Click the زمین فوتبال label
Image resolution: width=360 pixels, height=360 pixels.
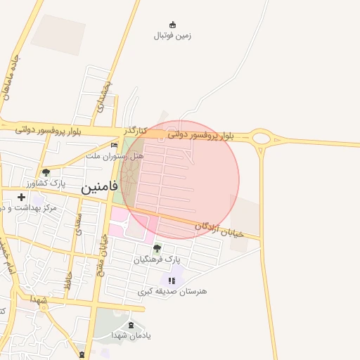click(173, 35)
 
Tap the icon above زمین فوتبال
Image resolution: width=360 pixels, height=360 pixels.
click(173, 25)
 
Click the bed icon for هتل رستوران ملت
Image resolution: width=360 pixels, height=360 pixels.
click(114, 146)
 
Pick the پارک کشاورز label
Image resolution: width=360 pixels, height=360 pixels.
click(62, 182)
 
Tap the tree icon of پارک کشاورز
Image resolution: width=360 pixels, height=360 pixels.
click(46, 172)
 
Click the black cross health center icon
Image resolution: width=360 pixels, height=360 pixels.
click(21, 197)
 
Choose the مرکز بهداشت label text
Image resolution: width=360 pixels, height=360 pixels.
click(28, 208)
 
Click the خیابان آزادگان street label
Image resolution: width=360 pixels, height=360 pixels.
click(219, 227)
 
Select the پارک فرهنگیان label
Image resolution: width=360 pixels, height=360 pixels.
click(157, 259)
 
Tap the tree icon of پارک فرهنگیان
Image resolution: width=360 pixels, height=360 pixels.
click(157, 248)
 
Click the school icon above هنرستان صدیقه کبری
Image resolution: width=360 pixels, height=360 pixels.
click(172, 280)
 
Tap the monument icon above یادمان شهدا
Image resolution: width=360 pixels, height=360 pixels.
click(130, 325)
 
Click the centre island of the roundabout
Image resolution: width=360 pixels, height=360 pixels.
click(262, 138)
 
